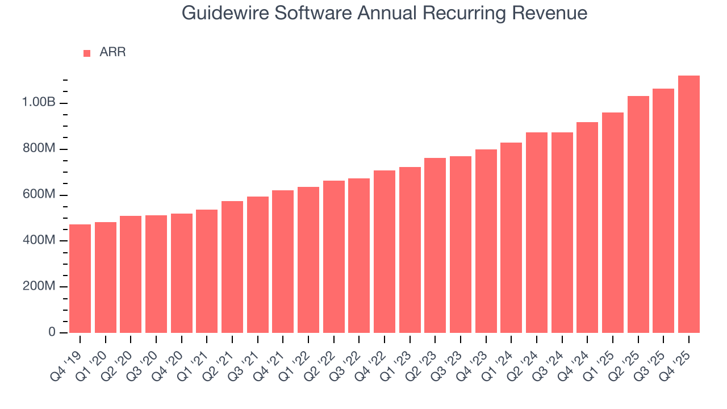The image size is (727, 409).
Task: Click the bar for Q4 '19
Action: (x=80, y=278)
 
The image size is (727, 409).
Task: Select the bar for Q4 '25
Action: (x=689, y=204)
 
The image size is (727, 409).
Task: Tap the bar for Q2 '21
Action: (x=232, y=267)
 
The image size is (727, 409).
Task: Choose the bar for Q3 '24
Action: (x=562, y=232)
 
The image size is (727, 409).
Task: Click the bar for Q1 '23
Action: (x=410, y=250)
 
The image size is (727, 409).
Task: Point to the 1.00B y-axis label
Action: (x=39, y=103)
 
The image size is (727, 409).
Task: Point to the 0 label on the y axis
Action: (x=52, y=332)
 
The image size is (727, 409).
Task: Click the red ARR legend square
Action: (x=87, y=53)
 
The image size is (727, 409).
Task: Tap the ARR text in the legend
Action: (x=112, y=52)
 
